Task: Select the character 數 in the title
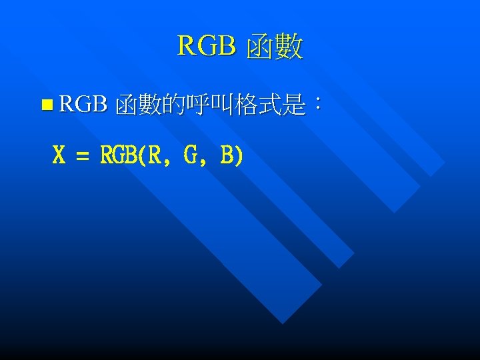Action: (x=289, y=47)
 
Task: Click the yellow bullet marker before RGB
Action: (x=45, y=105)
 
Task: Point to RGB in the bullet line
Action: (x=83, y=104)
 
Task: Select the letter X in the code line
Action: (x=59, y=156)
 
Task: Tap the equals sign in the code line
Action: (x=82, y=157)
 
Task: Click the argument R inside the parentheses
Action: (x=155, y=156)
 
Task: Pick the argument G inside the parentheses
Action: (x=191, y=156)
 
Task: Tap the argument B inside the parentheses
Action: (x=227, y=156)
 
